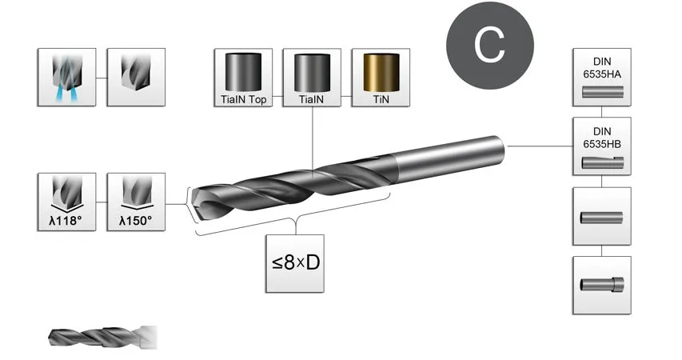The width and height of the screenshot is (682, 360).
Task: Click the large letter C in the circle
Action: coord(489,46)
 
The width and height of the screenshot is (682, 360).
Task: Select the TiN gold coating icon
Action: coord(380,77)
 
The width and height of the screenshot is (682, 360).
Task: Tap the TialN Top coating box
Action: coord(244,77)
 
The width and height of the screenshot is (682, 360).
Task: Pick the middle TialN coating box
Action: coord(312,77)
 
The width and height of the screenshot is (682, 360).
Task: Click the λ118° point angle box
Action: coord(67,202)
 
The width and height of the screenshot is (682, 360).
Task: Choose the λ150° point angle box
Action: coord(135,202)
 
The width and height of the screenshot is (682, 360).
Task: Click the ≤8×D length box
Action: coord(297,263)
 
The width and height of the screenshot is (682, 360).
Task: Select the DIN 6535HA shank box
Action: coord(601,77)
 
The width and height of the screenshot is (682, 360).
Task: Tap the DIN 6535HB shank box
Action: coord(601,146)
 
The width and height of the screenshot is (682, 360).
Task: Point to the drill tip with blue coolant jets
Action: coord(67,77)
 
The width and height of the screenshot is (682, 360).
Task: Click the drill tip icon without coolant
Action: coord(135,77)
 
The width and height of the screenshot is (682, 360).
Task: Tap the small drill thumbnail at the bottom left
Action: coord(102,336)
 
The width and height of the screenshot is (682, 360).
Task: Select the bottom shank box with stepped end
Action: coord(601,285)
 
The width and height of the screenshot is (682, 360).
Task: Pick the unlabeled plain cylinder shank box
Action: coord(601,216)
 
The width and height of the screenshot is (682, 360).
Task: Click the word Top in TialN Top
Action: coord(256,100)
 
